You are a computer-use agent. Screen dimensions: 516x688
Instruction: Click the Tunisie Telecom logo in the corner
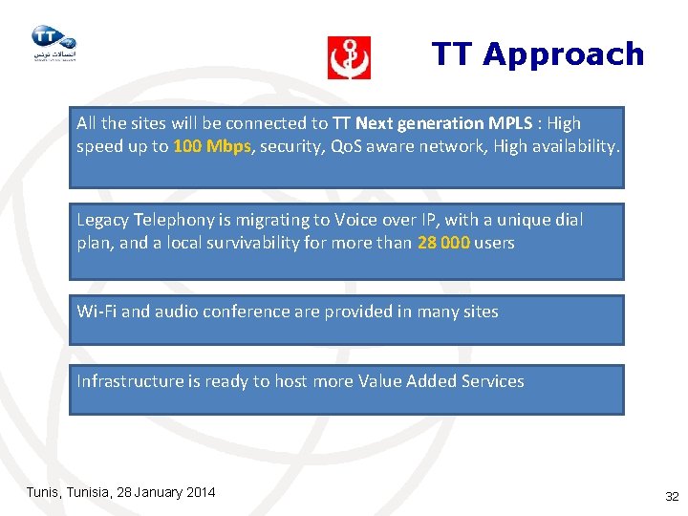[x=53, y=43]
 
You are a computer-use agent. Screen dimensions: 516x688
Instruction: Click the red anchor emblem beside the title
[x=349, y=57]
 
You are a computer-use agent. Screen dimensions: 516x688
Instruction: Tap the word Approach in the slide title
[x=564, y=54]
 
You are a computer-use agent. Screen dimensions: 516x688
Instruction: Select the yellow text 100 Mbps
[x=212, y=147]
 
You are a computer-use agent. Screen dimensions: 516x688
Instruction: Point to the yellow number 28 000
[x=443, y=243]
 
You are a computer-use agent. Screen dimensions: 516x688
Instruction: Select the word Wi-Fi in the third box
[x=97, y=312]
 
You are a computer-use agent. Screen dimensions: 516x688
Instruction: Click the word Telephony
[x=177, y=220]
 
